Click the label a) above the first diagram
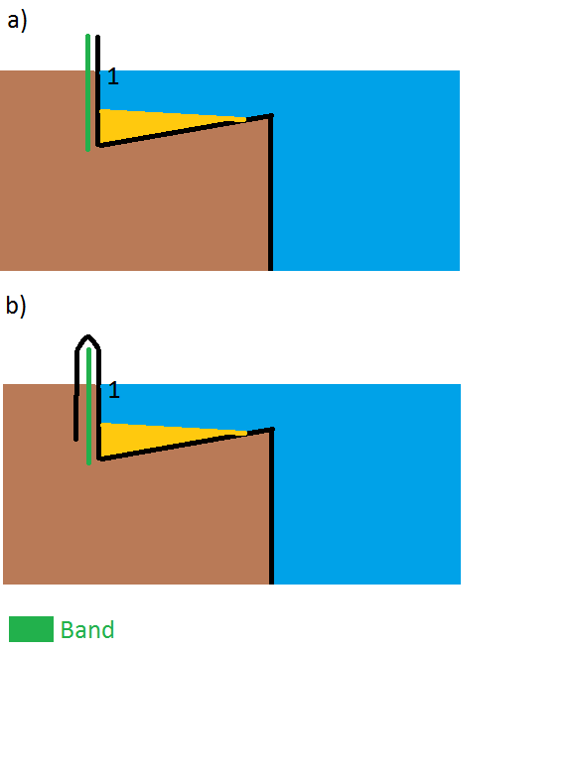17,22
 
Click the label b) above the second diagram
16,305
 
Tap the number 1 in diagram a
113,76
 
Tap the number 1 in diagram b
114,389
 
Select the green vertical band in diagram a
88,92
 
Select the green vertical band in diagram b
89,406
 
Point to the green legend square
31,629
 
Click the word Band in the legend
87,630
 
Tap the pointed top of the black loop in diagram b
88,336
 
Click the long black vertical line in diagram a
271,193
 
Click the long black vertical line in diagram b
272,506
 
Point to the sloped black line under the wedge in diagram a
185,130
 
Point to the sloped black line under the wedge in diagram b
186,444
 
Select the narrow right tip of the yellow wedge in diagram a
245,119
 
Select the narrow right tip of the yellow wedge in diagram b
246,433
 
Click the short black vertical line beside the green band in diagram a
98,90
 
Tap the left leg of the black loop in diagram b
76,395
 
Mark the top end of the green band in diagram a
88,35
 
